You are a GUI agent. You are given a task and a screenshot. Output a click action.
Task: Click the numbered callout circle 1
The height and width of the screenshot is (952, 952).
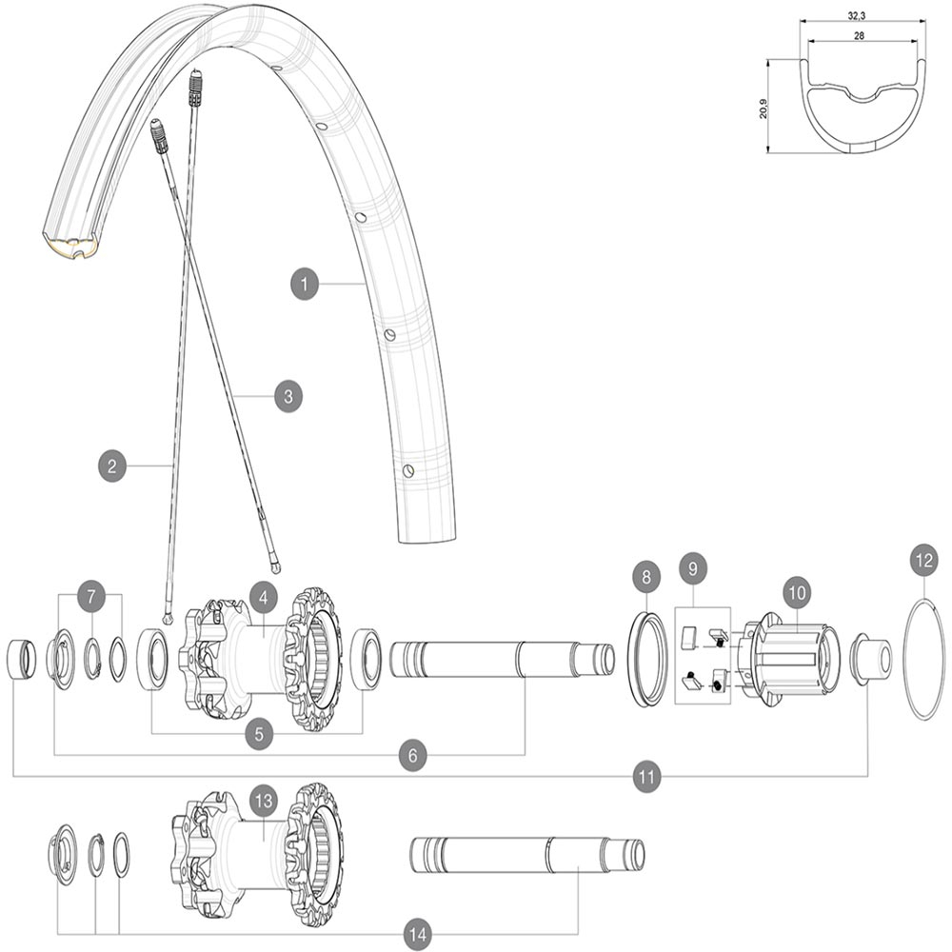(x=304, y=284)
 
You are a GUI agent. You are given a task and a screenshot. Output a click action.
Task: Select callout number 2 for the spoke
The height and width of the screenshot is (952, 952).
(x=112, y=466)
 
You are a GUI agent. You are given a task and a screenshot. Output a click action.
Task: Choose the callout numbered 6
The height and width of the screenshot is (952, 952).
(x=412, y=754)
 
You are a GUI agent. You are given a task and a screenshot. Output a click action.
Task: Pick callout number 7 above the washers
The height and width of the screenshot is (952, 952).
(x=90, y=595)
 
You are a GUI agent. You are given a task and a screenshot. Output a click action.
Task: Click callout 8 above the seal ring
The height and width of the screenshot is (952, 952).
(x=646, y=576)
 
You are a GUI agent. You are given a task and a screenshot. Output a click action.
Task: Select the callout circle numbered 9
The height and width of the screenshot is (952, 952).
(x=694, y=569)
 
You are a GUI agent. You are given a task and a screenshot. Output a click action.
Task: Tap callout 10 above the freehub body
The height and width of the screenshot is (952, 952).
(x=797, y=591)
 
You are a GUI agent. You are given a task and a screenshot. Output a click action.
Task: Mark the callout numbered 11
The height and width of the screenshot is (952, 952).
(x=647, y=777)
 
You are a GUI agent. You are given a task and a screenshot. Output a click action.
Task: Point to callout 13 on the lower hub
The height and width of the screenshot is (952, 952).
(x=263, y=800)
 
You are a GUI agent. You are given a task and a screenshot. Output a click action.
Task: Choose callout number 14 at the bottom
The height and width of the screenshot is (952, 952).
(x=416, y=935)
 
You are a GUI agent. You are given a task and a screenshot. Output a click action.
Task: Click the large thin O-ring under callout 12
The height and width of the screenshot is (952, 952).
(x=923, y=661)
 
